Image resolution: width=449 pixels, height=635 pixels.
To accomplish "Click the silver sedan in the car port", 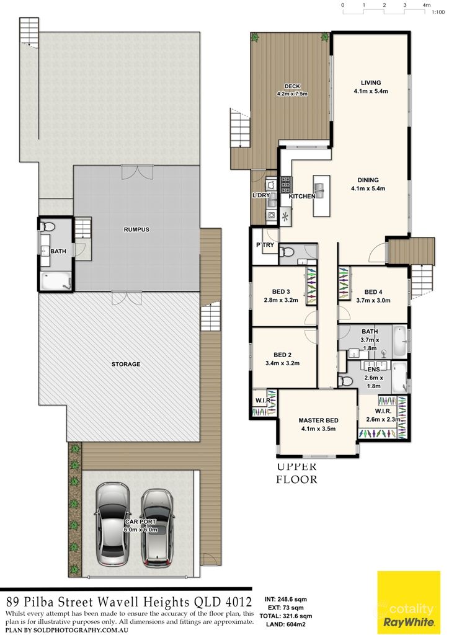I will (x=113, y=525).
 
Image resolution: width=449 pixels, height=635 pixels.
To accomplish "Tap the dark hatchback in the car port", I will (x=157, y=528).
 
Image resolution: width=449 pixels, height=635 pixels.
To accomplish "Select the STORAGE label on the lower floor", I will (x=125, y=364).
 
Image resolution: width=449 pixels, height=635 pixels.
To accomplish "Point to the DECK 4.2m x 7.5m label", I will (x=292, y=90).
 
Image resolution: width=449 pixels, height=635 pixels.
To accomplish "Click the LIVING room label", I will (x=371, y=82).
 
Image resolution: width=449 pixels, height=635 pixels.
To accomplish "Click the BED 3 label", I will (x=281, y=292).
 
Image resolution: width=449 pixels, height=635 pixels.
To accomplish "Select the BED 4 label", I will (x=373, y=292).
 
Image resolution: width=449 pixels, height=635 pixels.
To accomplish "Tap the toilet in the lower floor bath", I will (x=51, y=226).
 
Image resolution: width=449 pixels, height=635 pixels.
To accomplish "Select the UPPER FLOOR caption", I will (x=296, y=473).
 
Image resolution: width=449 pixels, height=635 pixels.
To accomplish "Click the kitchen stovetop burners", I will (x=286, y=184).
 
